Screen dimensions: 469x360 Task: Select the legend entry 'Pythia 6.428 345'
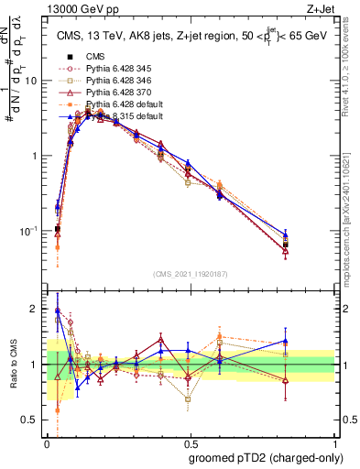tap(117, 69)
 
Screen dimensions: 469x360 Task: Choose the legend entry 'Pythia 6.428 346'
tap(117, 82)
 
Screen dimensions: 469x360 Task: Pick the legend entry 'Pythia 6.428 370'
tap(117, 93)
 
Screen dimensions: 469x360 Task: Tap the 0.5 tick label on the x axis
tap(188, 442)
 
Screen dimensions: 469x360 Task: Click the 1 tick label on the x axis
tap(331, 442)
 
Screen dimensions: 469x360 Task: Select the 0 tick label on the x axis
tap(46, 442)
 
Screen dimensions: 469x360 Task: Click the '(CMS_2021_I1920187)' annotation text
tap(190, 273)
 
